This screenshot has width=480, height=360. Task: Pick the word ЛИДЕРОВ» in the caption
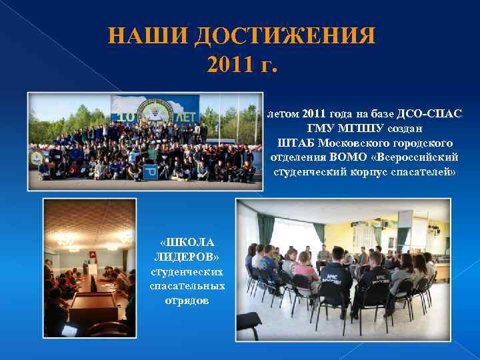[186, 257]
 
